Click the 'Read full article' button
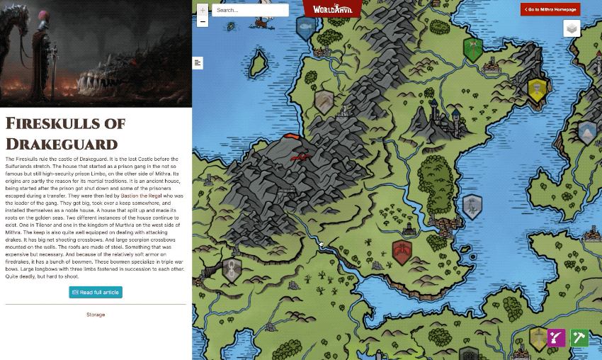[96, 292]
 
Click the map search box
[250, 10]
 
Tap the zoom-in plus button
[203, 10]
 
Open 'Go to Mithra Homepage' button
[550, 9]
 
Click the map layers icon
[572, 28]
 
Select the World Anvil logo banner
[331, 8]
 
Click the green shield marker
[473, 49]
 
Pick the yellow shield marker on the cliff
[538, 90]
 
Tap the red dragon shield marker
[402, 252]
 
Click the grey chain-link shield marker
[232, 269]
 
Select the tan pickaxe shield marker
[324, 102]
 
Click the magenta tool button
[557, 337]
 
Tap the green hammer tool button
[579, 337]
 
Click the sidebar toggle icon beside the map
[198, 63]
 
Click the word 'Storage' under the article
[96, 314]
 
